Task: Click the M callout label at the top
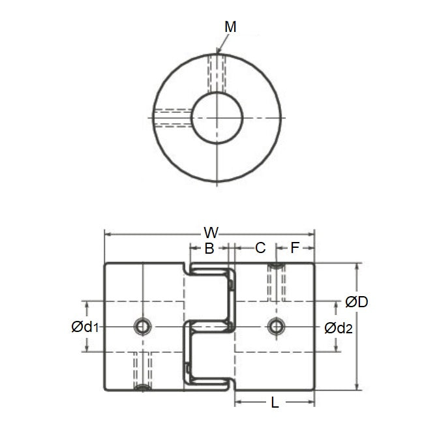click(230, 27)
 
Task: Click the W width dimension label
click(211, 232)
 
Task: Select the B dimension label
click(209, 248)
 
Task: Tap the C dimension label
click(260, 248)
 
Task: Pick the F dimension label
click(294, 248)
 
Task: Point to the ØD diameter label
click(357, 302)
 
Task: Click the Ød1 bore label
click(85, 327)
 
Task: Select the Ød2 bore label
click(338, 327)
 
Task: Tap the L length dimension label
click(275, 403)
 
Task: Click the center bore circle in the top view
click(217, 117)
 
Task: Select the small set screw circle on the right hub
click(276, 325)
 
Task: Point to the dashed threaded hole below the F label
click(276, 282)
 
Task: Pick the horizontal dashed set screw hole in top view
click(172, 117)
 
